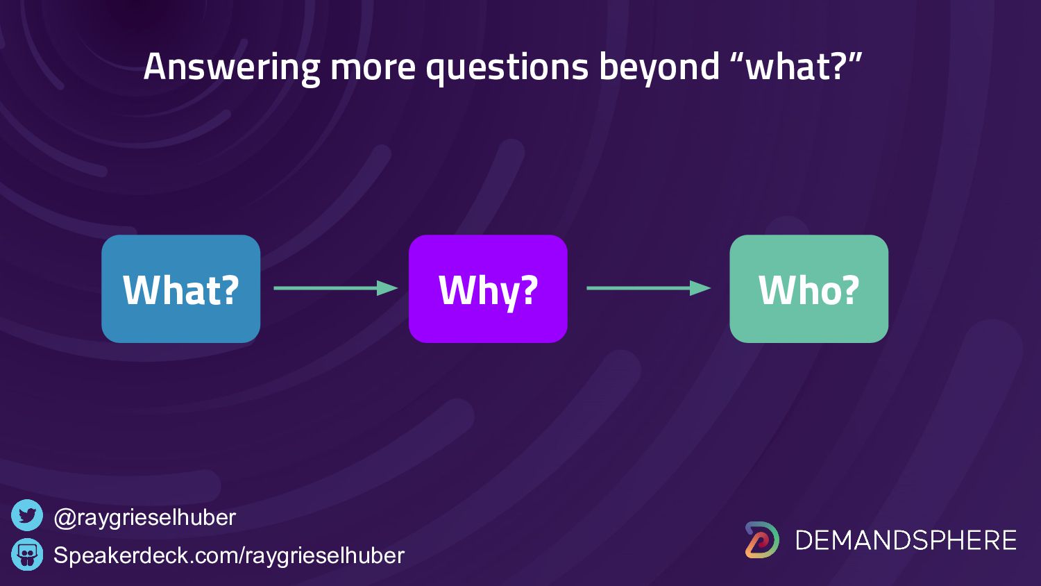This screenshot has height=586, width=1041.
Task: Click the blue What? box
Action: (x=180, y=289)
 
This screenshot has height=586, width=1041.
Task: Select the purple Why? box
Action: (x=488, y=289)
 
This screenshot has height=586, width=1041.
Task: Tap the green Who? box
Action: (x=809, y=289)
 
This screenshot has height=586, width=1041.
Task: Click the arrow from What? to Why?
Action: (x=335, y=288)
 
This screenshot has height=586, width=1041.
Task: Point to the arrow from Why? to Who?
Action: (x=649, y=288)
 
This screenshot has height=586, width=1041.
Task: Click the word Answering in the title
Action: (x=232, y=67)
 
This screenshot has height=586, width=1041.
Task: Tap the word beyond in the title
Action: (x=659, y=67)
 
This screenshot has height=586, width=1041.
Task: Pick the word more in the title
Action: (x=373, y=69)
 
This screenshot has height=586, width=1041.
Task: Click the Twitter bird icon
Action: (x=27, y=515)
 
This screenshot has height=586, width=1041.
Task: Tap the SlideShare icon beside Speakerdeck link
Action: (x=27, y=554)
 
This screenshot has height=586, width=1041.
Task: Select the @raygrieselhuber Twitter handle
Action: (x=145, y=518)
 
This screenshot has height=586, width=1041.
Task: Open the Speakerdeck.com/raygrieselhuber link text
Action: (x=229, y=555)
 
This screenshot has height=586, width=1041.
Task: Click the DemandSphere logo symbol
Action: (x=762, y=540)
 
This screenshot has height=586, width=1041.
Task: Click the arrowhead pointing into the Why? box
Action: (x=387, y=288)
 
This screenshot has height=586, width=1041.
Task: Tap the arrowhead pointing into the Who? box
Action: (x=700, y=288)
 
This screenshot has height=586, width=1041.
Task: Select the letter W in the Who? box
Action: (x=777, y=290)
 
